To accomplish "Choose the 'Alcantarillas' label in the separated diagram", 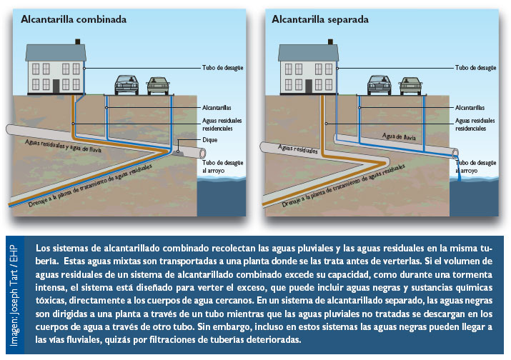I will pyautogui.click(x=471, y=107).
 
